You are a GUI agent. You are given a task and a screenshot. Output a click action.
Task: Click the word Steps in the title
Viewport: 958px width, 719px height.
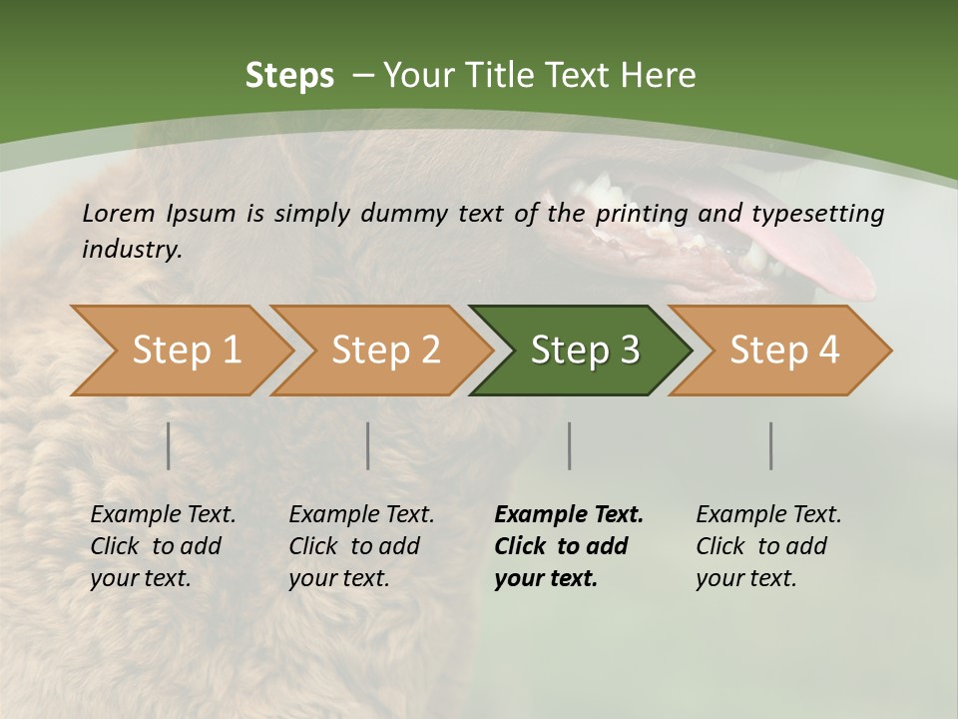[289, 75]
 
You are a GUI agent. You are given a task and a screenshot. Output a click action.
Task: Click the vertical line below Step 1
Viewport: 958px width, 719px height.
[169, 445]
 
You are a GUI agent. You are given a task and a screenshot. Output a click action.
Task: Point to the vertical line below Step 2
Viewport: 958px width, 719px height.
[368, 445]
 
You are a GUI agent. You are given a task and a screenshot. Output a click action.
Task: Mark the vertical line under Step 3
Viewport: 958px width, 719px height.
[569, 445]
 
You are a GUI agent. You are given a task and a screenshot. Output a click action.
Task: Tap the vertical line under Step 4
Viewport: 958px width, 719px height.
[770, 445]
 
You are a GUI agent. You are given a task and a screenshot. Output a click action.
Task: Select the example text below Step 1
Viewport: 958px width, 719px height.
[163, 545]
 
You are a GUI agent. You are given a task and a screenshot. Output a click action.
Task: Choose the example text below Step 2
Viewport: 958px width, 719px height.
[361, 545]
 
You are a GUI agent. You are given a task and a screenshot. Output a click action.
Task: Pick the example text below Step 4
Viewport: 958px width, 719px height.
[768, 545]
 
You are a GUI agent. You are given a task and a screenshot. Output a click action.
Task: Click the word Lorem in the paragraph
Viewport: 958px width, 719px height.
[119, 213]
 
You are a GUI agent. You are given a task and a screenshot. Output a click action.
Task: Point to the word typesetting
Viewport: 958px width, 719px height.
[817, 214]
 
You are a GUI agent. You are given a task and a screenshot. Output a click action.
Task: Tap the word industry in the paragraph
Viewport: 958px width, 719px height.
[132, 249]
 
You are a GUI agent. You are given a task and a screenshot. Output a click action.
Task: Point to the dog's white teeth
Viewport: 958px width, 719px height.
[599, 189]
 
